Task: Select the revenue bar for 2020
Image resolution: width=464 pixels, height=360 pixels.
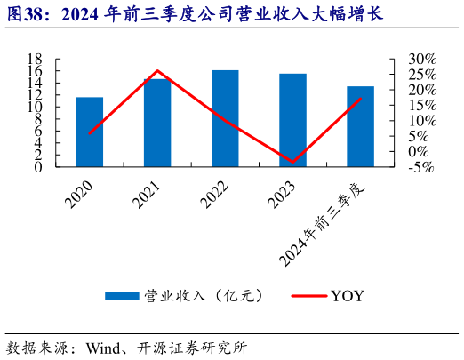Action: click(x=89, y=132)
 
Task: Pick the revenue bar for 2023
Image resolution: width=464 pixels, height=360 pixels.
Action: click(x=292, y=120)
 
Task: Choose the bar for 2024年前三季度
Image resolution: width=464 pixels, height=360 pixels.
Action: click(x=360, y=126)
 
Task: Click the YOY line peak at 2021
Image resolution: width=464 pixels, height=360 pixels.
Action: click(x=157, y=70)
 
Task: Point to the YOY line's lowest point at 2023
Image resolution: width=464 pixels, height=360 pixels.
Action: click(x=292, y=163)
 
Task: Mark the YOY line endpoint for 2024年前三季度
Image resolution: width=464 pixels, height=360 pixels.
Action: click(x=361, y=99)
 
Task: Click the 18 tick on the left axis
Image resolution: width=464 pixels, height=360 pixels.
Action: click(x=37, y=59)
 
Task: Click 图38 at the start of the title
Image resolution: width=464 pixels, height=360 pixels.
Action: click(x=26, y=15)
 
